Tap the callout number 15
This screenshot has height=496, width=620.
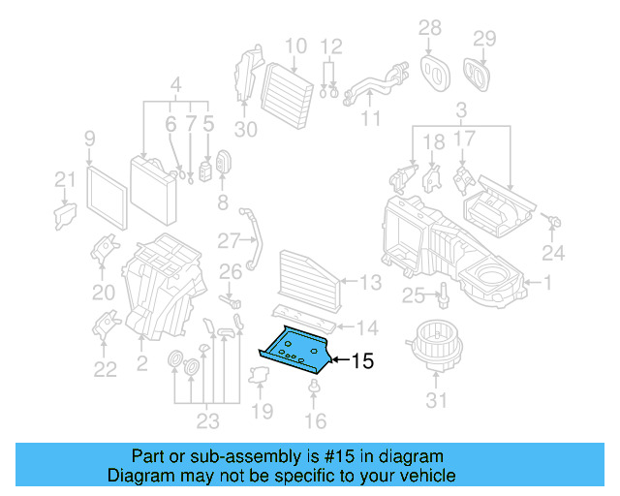tap(360, 362)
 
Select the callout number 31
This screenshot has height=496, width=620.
tap(437, 401)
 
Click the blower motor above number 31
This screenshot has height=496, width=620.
tap(433, 342)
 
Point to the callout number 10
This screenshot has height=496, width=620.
tap(295, 45)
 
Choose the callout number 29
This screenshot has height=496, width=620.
tap(483, 38)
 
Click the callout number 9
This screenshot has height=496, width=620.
tap(89, 138)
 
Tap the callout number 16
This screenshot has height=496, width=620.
tap(316, 420)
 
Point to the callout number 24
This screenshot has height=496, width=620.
tap(552, 254)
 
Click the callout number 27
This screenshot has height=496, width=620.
tap(228, 240)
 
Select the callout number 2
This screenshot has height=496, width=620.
tap(142, 339)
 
